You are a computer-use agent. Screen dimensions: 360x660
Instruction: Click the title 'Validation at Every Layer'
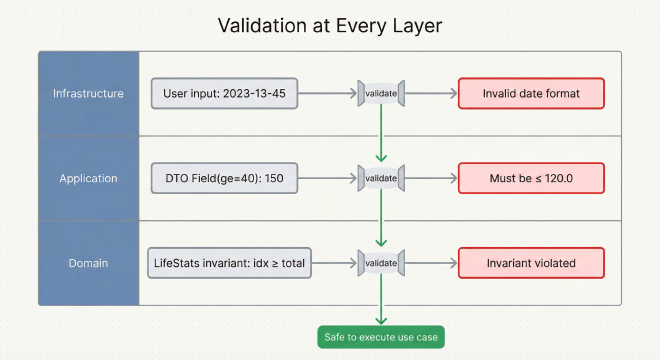329,24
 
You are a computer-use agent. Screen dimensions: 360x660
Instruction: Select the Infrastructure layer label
88,94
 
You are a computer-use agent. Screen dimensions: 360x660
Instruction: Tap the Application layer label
88,178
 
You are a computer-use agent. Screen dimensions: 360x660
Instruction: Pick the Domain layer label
88,262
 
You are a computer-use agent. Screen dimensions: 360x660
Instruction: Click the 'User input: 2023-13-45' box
224,94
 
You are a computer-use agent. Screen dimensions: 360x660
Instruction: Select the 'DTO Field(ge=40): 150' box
224,178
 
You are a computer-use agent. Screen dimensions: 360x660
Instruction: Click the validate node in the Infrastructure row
380,94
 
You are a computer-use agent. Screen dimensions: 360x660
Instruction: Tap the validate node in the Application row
380,178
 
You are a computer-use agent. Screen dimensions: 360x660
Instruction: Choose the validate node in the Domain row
380,262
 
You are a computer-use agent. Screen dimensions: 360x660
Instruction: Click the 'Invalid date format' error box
530,94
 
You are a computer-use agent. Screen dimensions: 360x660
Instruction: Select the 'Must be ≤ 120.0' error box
530,178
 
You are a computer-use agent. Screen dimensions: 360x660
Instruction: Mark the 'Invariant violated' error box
530,262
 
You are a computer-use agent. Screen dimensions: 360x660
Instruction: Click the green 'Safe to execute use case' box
380,337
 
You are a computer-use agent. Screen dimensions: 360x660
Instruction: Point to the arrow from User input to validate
328,94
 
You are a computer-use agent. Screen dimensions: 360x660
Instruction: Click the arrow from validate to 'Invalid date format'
430,94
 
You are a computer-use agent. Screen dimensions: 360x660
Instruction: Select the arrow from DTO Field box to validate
328,178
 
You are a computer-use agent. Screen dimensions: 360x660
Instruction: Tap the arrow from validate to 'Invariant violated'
430,262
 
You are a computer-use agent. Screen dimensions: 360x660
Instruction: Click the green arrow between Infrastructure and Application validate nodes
380,135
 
